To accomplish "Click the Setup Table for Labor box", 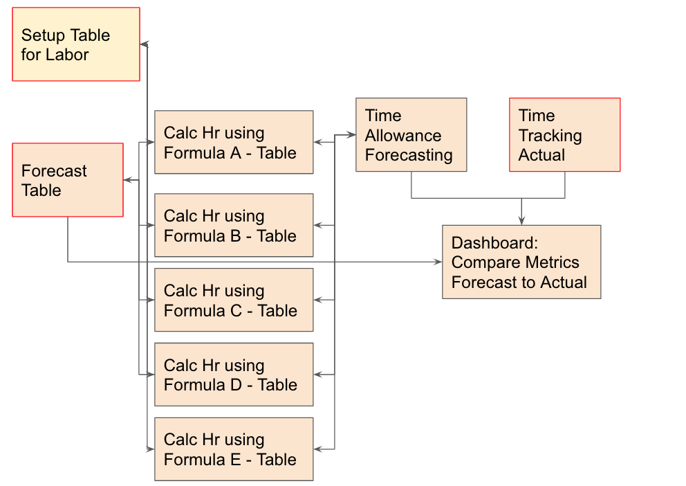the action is pos(76,44).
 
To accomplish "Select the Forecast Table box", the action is pos(68,180).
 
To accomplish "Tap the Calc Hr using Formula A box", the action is pos(234,143).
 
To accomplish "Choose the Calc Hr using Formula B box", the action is pos(234,225).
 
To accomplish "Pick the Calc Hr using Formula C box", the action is pos(234,300).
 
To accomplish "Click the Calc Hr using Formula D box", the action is pos(234,375).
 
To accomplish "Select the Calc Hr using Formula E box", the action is pos(234,449).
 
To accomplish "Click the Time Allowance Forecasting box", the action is pos(411,135).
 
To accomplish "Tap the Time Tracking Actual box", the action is pos(565,135).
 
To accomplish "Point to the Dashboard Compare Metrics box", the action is pos(521,262).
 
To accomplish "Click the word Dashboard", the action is pos(495,242).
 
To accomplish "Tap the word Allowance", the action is pos(403,135).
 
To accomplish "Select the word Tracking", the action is pos(550,136).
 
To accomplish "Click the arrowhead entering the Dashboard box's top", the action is pos(521,221).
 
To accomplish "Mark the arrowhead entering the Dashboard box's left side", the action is pos(438,262).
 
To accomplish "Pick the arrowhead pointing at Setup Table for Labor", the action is pos(145,44).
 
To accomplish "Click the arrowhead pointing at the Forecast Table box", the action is pos(128,180).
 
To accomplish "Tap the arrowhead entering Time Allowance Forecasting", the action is pos(351,135).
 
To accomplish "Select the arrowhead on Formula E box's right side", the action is pos(319,449).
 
